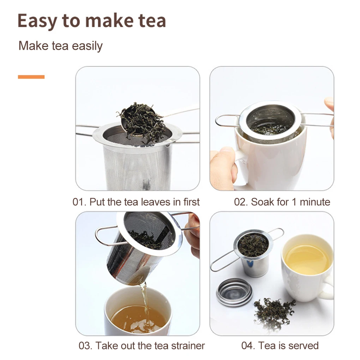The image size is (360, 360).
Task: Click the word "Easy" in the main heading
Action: coord(37,21)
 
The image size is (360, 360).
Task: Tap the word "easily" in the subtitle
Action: coord(87,46)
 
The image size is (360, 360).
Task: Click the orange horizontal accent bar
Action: coord(31,77)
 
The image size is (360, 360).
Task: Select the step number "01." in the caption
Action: coord(79,202)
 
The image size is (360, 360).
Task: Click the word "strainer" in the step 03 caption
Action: coord(188,346)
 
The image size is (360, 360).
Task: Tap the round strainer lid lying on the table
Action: coord(234,292)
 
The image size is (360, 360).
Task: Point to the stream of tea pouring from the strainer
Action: coord(144,303)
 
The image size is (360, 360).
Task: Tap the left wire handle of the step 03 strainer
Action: coord(108,236)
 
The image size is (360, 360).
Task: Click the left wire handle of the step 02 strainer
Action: coord(227,121)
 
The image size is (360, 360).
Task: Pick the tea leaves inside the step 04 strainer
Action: coord(253,245)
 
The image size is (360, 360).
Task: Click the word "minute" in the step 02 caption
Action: coord(315,202)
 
